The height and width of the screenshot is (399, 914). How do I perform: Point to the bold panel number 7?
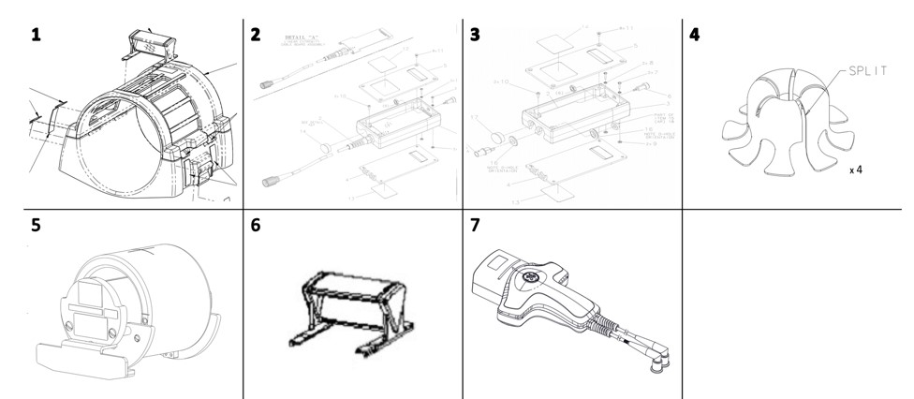tap(476, 226)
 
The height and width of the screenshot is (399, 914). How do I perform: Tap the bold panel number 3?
tap(476, 35)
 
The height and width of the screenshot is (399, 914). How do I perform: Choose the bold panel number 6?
tap(256, 226)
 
